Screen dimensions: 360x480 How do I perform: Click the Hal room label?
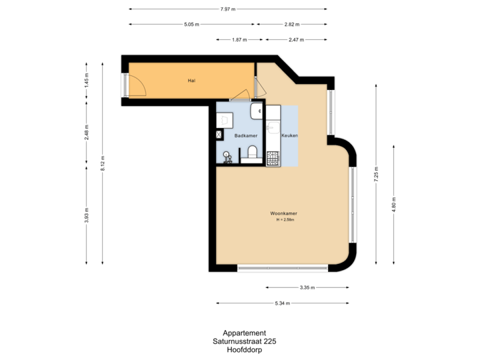[191, 81]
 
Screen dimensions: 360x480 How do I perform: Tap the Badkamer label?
[245, 135]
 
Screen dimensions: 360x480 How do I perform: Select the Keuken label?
[289, 135]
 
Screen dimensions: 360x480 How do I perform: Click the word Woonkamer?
[283, 213]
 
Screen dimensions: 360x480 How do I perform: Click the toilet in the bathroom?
[252, 153]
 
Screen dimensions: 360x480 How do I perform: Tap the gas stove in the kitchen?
[273, 159]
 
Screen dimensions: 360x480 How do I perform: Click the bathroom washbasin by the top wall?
[257, 111]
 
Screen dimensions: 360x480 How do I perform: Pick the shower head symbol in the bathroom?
[227, 157]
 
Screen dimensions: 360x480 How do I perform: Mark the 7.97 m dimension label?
[227, 9]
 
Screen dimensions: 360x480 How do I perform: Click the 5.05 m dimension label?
[191, 24]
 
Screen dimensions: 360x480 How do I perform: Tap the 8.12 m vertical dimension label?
[102, 163]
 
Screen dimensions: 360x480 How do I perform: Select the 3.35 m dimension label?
[307, 287]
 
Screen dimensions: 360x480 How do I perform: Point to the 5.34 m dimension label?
[283, 303]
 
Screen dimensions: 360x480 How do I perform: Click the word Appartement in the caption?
[245, 333]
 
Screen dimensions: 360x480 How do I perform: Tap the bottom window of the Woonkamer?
[282, 269]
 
